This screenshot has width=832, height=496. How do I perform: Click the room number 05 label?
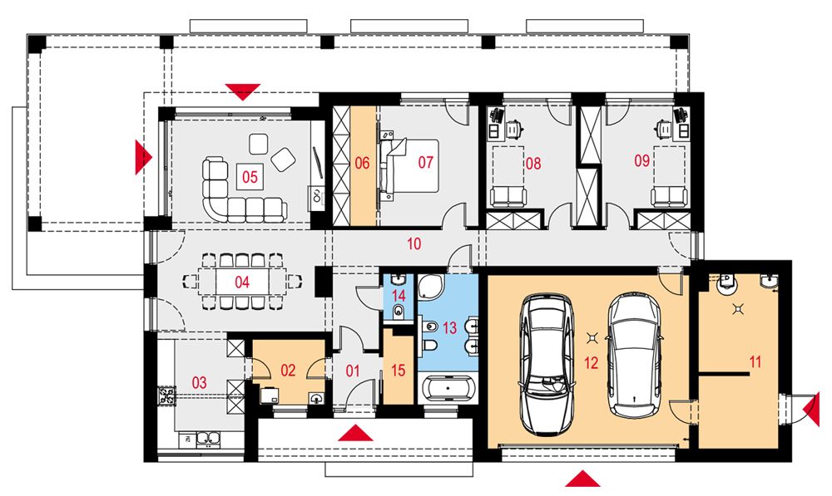250,176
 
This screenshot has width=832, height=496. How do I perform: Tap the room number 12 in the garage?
591,363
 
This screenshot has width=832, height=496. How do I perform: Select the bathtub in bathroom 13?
449,390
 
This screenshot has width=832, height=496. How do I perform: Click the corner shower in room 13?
431,287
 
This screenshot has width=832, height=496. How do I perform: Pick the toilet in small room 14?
399,312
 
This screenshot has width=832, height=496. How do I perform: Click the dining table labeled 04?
242,282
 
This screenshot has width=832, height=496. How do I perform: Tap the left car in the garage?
546,364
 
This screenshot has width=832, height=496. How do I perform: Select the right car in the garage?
635,356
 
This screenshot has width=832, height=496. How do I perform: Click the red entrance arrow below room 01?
355,433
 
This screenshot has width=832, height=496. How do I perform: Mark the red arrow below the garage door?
582,479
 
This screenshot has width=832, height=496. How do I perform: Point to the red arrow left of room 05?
143,157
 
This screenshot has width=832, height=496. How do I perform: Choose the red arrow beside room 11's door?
812,409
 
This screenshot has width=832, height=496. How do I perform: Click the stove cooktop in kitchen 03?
167,395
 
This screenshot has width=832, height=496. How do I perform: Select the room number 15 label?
398,371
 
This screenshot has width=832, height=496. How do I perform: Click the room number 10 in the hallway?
414,243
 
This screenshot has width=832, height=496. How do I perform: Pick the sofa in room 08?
508,196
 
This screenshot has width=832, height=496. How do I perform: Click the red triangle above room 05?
242,91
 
